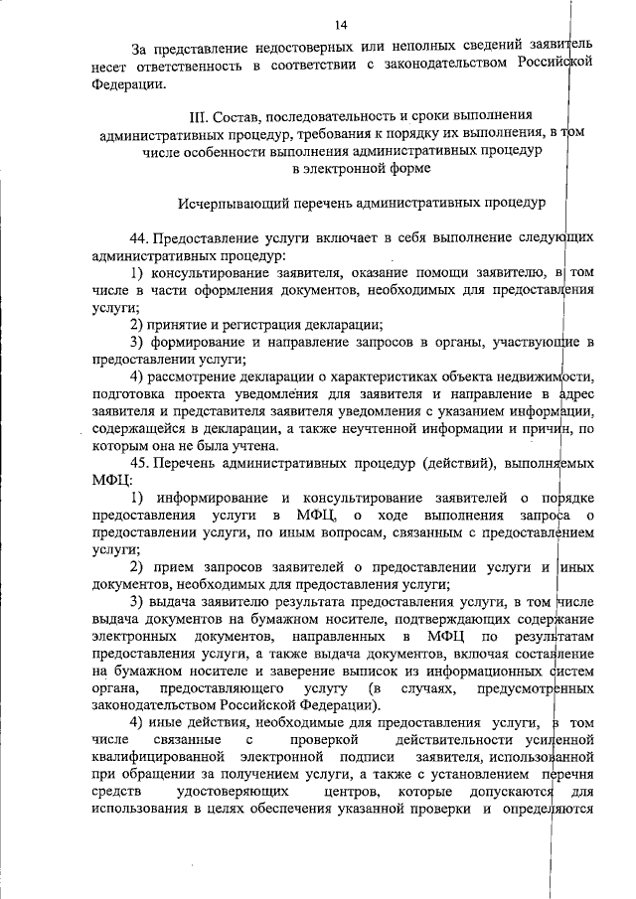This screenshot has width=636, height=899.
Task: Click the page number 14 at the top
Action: pos(342,24)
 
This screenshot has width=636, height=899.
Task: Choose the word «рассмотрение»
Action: pos(195,379)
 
